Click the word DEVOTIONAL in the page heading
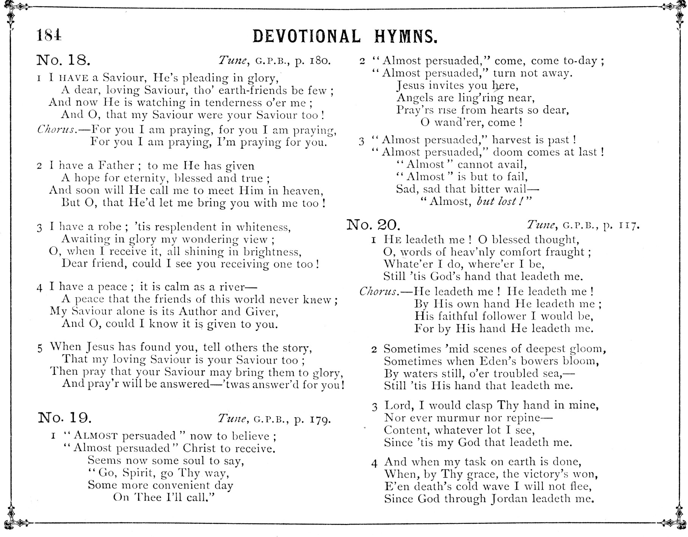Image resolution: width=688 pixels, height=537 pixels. (x=307, y=37)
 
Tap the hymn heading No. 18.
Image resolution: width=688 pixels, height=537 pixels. (x=63, y=60)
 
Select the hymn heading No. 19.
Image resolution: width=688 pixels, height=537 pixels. (x=65, y=417)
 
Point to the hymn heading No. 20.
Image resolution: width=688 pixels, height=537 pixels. (x=373, y=225)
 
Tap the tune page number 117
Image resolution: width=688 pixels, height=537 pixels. (x=629, y=226)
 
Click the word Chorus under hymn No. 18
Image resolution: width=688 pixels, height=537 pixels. (x=57, y=129)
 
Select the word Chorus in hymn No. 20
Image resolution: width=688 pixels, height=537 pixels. (x=378, y=292)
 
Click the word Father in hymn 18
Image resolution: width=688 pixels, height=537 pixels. (x=116, y=166)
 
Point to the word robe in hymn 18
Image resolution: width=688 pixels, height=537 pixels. (x=110, y=227)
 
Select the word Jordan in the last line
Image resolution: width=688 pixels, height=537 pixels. (x=510, y=499)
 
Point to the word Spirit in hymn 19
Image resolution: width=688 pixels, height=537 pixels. (x=136, y=473)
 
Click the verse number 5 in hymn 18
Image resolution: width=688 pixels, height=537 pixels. (x=40, y=348)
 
